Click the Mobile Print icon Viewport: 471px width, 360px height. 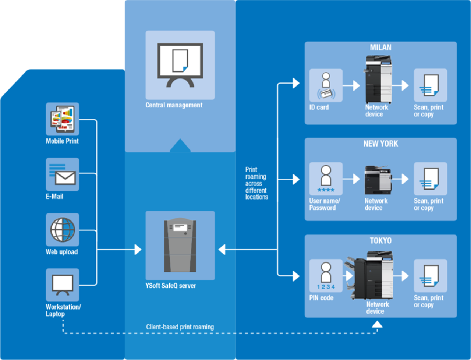62,119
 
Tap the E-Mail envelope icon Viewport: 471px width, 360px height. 62,174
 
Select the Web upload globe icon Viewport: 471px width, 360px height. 62,230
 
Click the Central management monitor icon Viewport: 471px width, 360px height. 180,65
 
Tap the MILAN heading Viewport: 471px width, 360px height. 380,48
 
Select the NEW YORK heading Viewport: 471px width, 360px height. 380,144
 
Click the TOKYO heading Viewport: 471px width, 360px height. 380,241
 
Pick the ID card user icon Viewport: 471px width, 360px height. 326,85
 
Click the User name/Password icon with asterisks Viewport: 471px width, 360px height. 326,179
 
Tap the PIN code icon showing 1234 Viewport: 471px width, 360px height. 326,276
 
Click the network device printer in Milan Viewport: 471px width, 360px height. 378,80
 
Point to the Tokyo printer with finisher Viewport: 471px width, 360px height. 370,275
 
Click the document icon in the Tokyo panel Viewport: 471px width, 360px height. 430,276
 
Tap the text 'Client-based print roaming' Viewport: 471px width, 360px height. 180,327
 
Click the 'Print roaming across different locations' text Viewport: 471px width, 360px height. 256,183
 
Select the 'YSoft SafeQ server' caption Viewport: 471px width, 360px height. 171,286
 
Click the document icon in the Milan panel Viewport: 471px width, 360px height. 430,85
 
